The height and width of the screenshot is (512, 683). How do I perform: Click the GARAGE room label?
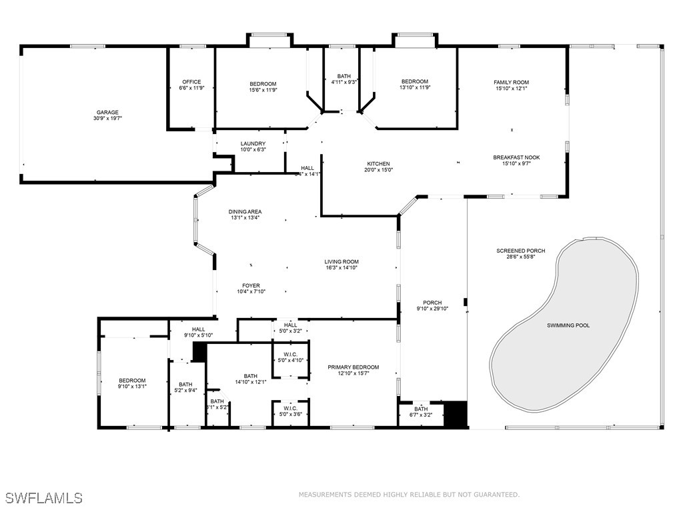[x=107, y=112]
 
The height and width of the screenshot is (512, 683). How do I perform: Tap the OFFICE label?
[x=191, y=82]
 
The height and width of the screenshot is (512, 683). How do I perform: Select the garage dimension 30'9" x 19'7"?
[x=107, y=118]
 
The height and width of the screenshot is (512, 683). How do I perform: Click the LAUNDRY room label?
[x=253, y=143]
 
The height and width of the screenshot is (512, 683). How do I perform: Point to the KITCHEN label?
[x=378, y=163]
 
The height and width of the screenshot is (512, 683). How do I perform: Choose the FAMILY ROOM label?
[x=511, y=82]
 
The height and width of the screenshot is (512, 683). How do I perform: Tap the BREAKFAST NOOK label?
[x=516, y=157]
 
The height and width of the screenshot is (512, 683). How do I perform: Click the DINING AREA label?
[x=245, y=211]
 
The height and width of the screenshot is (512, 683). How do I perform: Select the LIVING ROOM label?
[x=341, y=261]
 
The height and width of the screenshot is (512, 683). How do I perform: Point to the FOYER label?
[x=251, y=285]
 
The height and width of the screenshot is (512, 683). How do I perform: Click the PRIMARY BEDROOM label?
[x=353, y=367]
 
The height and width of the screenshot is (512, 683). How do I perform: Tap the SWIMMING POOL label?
[x=568, y=325]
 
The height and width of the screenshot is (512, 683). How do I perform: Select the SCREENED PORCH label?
[x=520, y=251]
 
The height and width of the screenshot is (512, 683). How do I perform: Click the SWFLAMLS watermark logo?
[x=43, y=497]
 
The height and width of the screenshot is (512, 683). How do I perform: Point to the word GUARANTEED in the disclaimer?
[x=494, y=495]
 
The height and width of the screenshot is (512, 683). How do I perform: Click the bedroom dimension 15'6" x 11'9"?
[x=262, y=89]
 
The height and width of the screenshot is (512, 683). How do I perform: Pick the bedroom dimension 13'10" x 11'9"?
[x=414, y=87]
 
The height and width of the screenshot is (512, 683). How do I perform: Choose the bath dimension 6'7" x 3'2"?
[x=421, y=415]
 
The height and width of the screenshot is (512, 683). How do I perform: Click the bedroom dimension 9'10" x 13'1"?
[x=132, y=386]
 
